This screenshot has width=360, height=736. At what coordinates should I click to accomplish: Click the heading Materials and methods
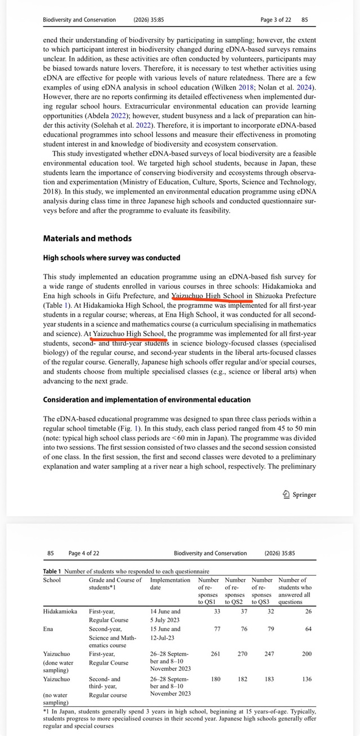point(87,238)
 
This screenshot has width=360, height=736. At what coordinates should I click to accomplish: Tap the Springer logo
point(299,495)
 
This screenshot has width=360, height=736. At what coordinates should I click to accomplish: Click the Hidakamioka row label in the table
point(60,611)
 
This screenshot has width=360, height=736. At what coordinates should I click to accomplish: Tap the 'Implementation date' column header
point(170,584)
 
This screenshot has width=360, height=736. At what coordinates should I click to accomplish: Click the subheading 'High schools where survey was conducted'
point(111,258)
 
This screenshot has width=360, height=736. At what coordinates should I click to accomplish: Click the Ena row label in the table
point(48,629)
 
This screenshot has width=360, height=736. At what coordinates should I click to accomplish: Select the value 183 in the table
point(269,679)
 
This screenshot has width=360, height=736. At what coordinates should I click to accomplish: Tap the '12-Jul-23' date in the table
point(164,637)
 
